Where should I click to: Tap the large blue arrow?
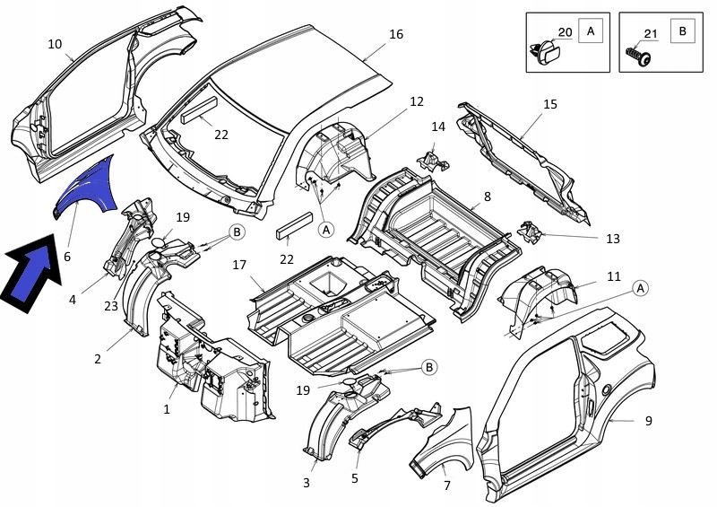[32, 274]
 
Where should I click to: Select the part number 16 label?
[396, 34]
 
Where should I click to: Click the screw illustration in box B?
[638, 56]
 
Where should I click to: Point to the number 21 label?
[651, 33]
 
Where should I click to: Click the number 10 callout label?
[55, 44]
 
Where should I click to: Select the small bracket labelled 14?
[433, 162]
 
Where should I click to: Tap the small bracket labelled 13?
[530, 232]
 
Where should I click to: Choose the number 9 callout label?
[648, 421]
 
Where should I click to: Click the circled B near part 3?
[429, 367]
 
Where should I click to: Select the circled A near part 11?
[641, 288]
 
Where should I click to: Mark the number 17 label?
[239, 265]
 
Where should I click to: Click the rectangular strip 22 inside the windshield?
[199, 110]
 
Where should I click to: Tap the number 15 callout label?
[550, 104]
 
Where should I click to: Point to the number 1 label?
[167, 409]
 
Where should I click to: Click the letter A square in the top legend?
[591, 31]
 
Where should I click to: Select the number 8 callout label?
[488, 197]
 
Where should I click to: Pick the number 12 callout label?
[416, 101]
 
